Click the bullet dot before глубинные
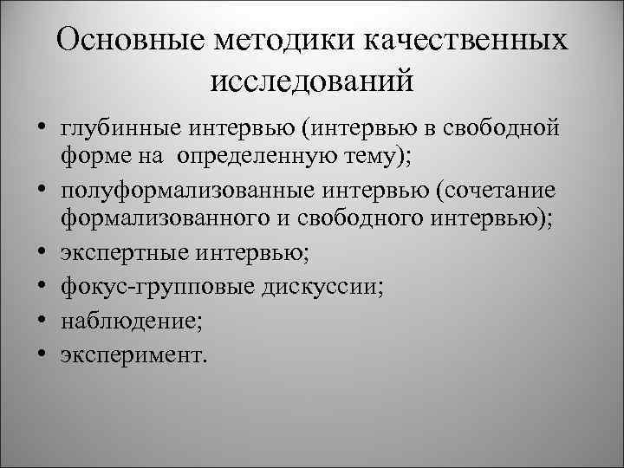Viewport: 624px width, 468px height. point(41,131)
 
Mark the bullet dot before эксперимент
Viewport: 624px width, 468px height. point(41,354)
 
